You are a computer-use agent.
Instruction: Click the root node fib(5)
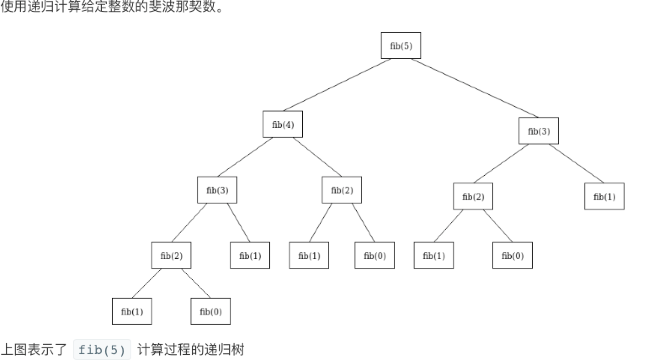401,45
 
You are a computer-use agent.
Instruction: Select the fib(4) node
283,124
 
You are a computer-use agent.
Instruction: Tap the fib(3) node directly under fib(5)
539,131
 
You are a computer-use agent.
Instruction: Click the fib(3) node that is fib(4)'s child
217,190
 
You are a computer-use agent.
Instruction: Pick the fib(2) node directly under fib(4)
342,190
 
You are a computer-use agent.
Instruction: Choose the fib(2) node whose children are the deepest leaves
171,256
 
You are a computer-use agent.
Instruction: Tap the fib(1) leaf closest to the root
604,197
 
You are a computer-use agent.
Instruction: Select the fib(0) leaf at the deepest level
210,312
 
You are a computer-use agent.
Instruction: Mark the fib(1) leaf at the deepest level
132,312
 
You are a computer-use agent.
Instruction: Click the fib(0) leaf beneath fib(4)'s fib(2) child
375,256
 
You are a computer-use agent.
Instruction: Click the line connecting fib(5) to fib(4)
337,85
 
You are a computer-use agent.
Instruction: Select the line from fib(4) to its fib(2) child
317,157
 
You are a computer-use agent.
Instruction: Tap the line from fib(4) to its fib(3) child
245,157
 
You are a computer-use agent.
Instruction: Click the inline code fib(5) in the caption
102,350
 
